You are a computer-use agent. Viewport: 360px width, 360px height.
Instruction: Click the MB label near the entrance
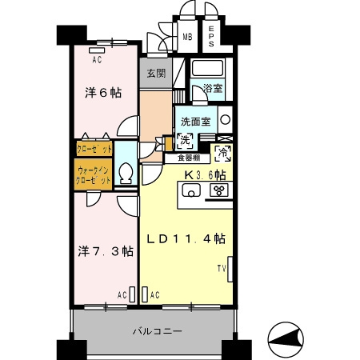pos(188,35)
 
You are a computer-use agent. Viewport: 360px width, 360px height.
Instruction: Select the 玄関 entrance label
pos(155,74)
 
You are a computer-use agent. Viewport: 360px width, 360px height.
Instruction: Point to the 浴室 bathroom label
pos(212,89)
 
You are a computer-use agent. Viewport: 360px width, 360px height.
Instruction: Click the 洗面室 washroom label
pos(194,122)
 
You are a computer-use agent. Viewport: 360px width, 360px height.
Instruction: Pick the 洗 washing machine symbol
pos(185,142)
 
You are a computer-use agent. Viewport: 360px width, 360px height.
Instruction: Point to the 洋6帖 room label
pos(103,92)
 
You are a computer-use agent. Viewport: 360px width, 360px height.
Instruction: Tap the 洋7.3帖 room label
pos(105,250)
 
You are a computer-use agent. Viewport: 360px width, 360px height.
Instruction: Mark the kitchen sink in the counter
pos(191,190)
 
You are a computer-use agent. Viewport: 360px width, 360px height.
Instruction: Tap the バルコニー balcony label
pos(157,331)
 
